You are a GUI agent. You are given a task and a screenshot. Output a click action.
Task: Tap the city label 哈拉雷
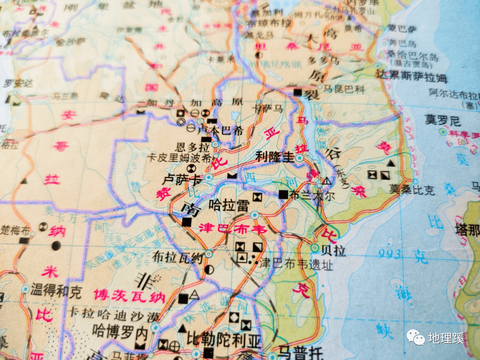coord(229,205)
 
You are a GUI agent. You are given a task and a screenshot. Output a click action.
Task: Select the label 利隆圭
coord(275,156)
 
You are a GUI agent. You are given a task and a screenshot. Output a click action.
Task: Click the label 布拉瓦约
coord(178,256)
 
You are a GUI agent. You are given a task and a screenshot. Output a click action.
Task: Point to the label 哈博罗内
coord(120,331)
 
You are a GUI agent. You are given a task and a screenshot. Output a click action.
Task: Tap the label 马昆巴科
coord(343,89)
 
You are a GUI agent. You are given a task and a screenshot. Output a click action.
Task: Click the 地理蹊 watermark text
coord(446,338)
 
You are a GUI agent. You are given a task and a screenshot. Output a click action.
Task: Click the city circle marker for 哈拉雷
coord(254,216)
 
